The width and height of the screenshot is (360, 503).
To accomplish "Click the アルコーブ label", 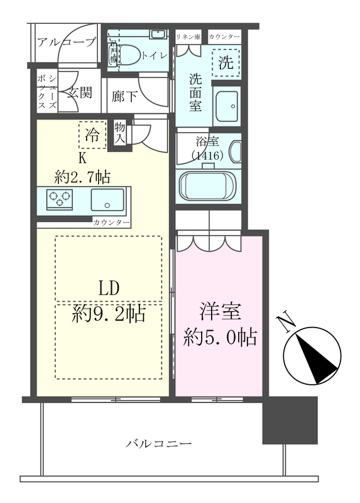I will click(x=66, y=43).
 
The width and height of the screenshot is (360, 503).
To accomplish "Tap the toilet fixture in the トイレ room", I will click(x=129, y=55).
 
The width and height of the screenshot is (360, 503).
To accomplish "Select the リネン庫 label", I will click(x=189, y=37).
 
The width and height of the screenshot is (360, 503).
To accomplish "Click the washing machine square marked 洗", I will click(x=226, y=62).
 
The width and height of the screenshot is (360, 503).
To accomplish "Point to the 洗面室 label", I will click(x=195, y=92).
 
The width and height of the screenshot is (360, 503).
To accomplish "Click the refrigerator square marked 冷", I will click(x=92, y=134).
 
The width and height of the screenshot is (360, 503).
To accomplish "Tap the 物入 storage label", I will click(x=120, y=133).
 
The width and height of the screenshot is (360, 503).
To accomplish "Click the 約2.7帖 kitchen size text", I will click(x=82, y=177).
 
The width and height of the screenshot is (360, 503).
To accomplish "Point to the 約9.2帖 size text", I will click(x=109, y=313).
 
